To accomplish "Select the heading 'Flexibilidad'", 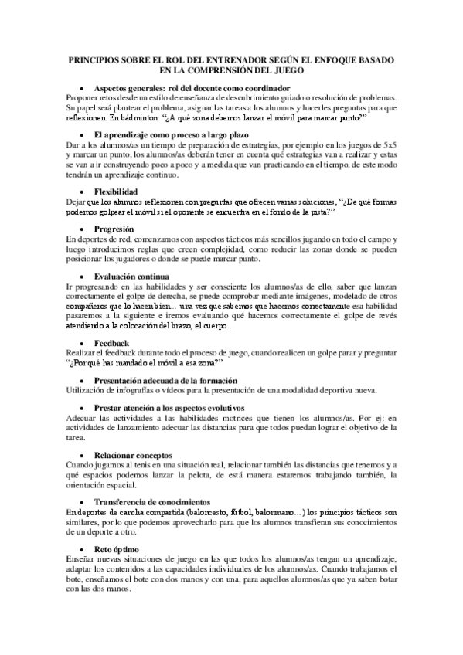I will coord(116,190).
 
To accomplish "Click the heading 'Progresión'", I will coord(113,229).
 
